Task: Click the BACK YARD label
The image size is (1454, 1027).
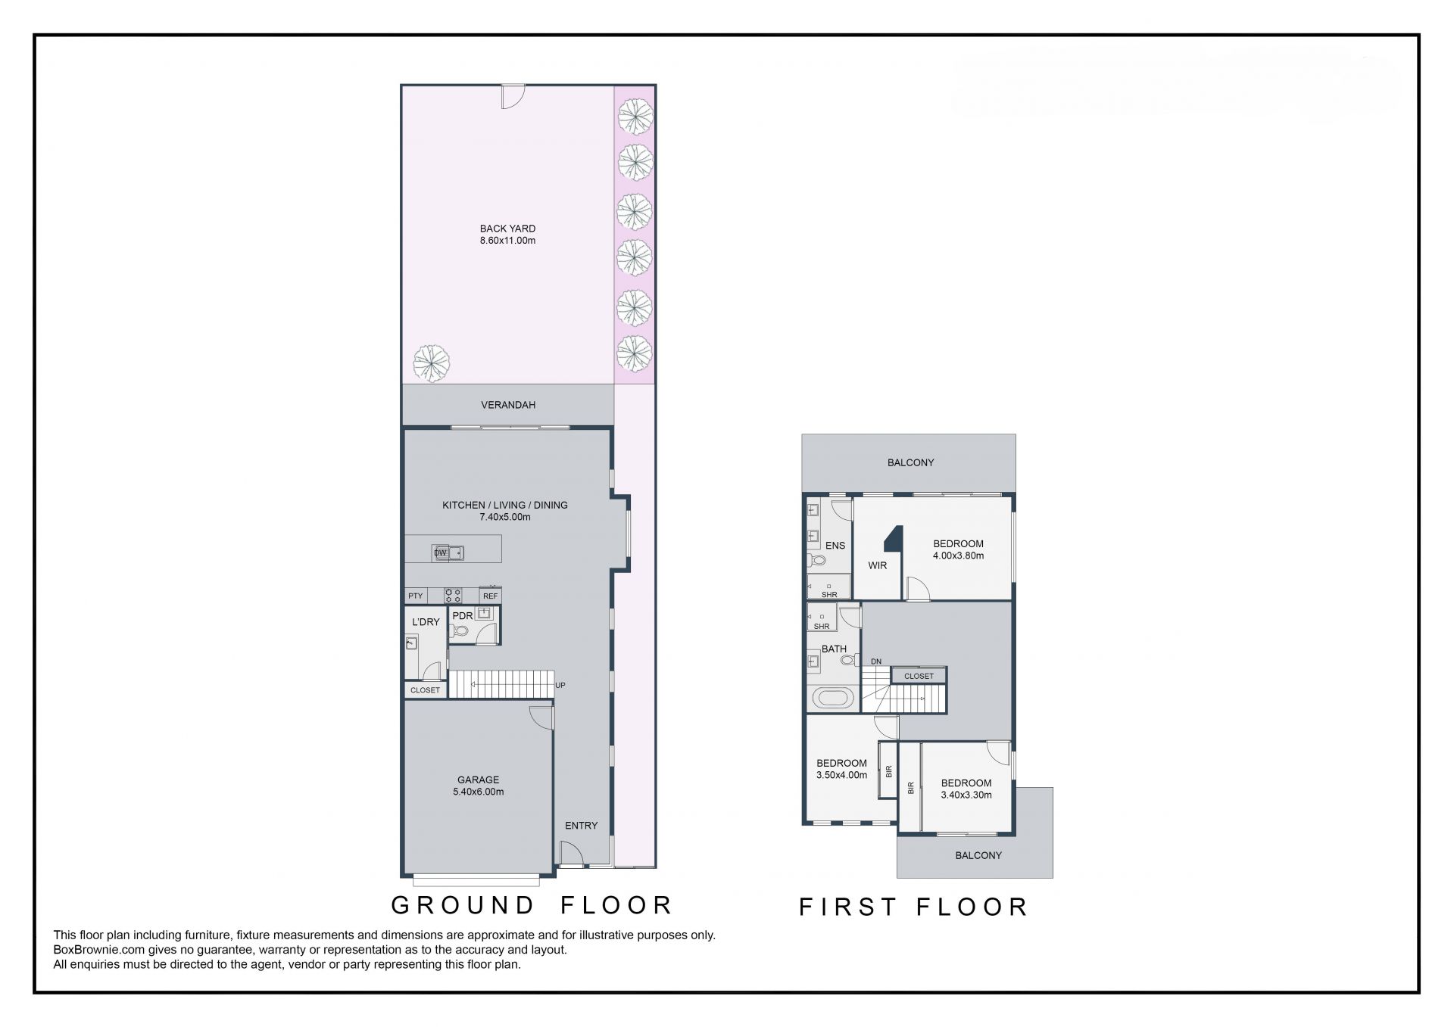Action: (x=507, y=229)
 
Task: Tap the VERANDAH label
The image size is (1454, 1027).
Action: (x=508, y=405)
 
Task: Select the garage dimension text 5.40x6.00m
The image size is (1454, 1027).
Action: (x=478, y=792)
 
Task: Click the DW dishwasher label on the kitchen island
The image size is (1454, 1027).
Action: (x=440, y=553)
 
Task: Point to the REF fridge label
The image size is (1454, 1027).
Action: (x=490, y=596)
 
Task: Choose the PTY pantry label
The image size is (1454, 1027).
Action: (x=416, y=596)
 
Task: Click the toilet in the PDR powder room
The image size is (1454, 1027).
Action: (x=459, y=630)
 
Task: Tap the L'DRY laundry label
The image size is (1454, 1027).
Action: (x=426, y=622)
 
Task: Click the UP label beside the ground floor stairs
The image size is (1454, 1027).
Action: (x=560, y=685)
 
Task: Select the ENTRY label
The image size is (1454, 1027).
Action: (x=581, y=826)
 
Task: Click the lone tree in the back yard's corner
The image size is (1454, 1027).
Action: (x=432, y=363)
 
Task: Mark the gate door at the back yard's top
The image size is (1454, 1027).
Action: (x=513, y=96)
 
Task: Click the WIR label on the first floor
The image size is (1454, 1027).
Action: (x=878, y=565)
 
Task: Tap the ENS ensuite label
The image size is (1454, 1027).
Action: (x=835, y=546)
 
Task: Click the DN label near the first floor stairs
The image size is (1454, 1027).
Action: (x=876, y=661)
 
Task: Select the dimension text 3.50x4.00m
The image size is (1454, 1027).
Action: (x=841, y=775)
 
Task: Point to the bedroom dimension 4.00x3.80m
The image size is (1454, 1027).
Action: (x=958, y=556)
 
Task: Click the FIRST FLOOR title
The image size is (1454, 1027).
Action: (x=914, y=907)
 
